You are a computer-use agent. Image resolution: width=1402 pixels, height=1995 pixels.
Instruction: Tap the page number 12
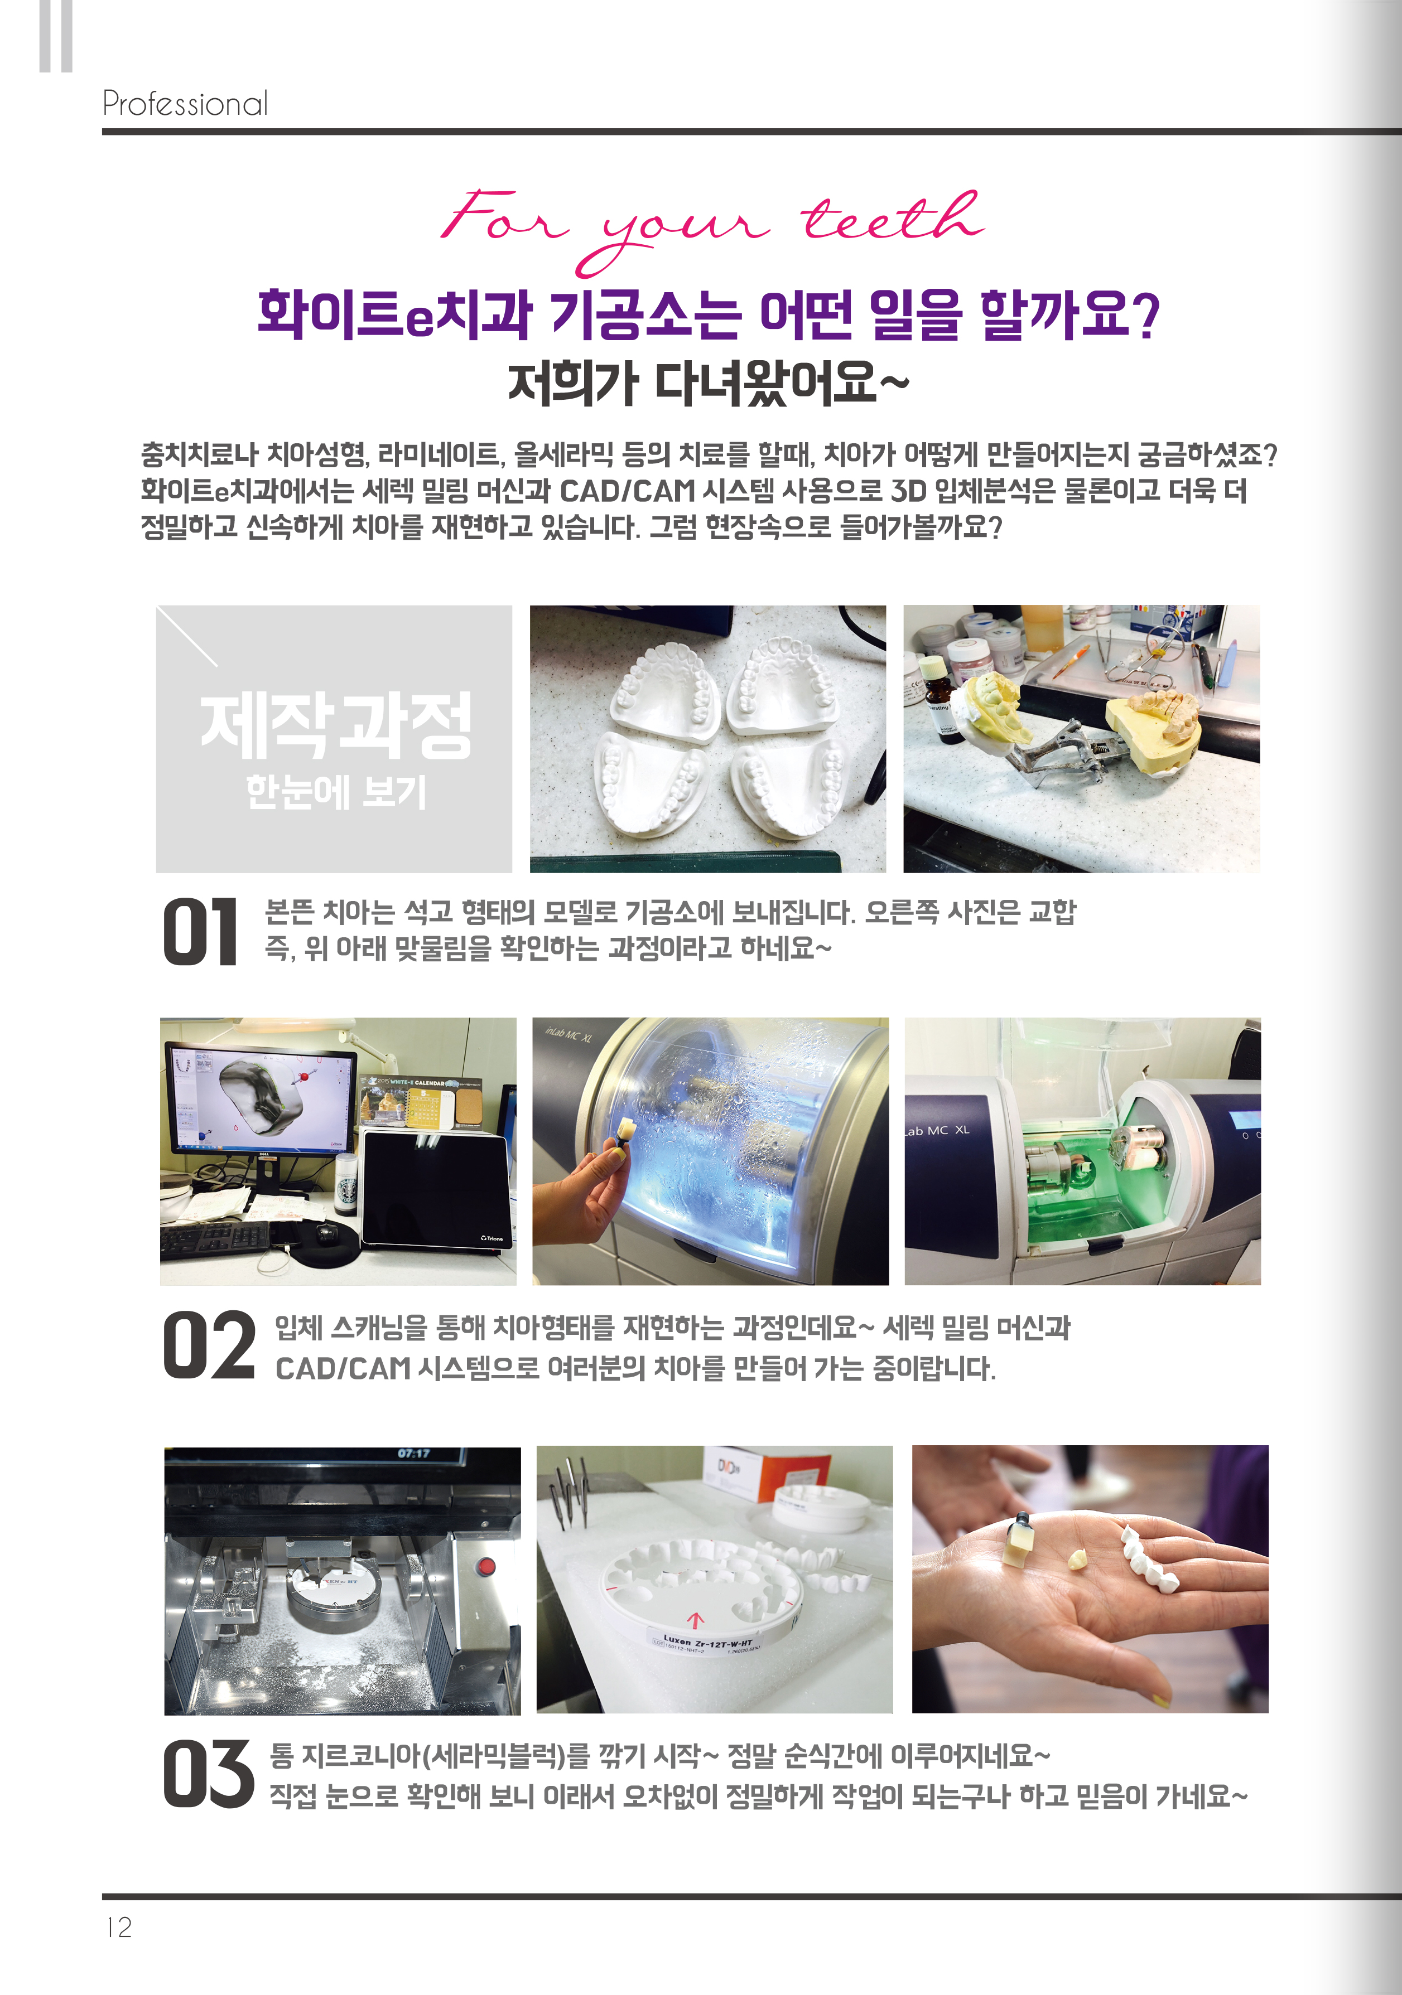[118, 1927]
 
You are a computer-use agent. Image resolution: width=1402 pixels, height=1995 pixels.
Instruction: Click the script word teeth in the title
[891, 217]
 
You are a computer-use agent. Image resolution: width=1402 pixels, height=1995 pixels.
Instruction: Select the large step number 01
[200, 932]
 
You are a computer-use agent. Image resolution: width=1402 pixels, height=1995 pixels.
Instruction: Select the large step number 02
[209, 1346]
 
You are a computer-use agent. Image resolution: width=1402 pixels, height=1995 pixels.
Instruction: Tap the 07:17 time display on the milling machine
[414, 1454]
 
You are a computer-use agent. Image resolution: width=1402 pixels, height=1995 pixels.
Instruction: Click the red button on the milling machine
[486, 1567]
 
